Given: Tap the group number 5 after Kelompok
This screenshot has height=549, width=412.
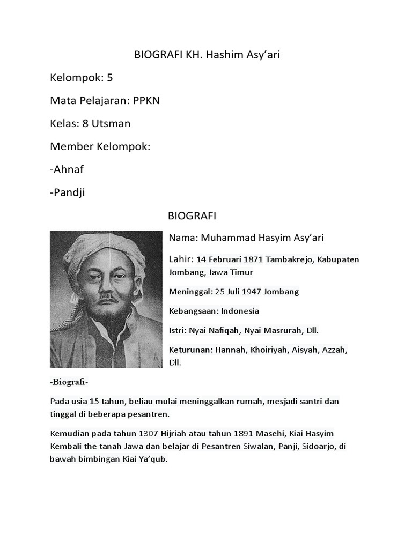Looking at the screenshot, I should coord(109,78).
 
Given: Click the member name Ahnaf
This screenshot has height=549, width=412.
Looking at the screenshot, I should coord(69,169).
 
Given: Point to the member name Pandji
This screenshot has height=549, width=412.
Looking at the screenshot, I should coord(69,192).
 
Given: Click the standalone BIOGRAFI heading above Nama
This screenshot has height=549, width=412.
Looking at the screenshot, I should coord(192,216).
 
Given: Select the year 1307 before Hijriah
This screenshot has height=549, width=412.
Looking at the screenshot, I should coord(149,433).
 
